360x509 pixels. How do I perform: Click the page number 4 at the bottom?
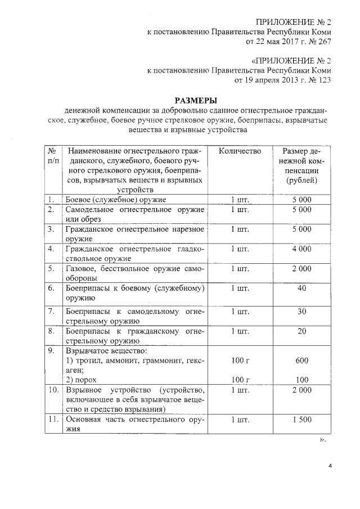(x=330, y=466)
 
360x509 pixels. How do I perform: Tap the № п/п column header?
(x=51, y=156)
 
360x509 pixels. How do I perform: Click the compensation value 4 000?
(x=301, y=249)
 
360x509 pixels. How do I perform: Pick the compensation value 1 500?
(x=301, y=420)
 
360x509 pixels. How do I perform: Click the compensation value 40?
(x=301, y=288)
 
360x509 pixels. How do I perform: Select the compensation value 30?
(x=301, y=311)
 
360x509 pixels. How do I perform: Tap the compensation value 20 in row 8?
(x=301, y=331)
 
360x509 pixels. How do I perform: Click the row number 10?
(x=52, y=390)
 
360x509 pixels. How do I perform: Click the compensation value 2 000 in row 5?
(x=301, y=268)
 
